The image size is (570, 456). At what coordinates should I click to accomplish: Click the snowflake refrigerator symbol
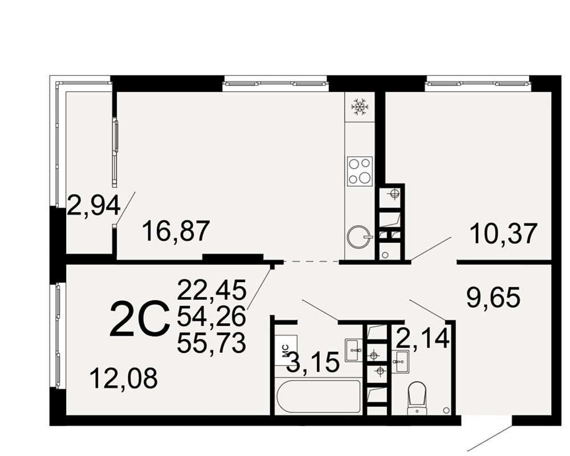click(x=360, y=107)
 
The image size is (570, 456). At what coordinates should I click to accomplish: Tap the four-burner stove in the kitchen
click(x=360, y=170)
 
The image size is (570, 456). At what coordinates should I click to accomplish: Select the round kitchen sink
click(x=359, y=237)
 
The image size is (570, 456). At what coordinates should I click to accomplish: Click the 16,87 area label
click(x=176, y=231)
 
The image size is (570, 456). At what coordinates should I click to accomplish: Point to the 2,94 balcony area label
click(x=94, y=205)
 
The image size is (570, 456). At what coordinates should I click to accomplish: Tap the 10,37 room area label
click(x=503, y=234)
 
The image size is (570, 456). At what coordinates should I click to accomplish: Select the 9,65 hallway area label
click(x=493, y=297)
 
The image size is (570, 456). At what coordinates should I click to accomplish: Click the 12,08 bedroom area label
click(x=124, y=378)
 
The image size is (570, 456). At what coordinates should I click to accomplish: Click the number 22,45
click(x=212, y=290)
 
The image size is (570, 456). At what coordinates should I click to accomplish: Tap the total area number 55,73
click(x=212, y=343)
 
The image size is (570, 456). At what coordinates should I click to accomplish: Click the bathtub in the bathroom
click(x=319, y=397)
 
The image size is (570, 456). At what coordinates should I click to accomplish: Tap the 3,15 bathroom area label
click(x=313, y=363)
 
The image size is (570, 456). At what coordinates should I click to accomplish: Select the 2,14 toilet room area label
click(x=423, y=337)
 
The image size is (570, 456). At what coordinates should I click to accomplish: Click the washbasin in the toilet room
click(x=402, y=361)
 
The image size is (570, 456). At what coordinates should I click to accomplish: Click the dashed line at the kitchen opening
click(x=311, y=261)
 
